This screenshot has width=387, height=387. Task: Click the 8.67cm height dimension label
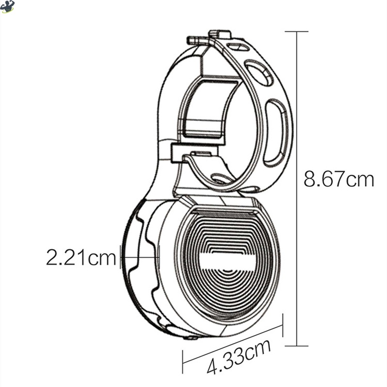339,179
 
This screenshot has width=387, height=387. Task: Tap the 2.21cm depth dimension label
81,257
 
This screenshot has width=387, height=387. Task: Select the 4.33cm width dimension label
239,357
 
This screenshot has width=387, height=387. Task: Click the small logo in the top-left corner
7,6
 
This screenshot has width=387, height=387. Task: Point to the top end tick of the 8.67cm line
297,31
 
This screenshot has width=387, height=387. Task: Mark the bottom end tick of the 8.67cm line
297,346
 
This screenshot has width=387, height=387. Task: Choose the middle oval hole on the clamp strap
259,73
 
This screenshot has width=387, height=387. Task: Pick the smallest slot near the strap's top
238,47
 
